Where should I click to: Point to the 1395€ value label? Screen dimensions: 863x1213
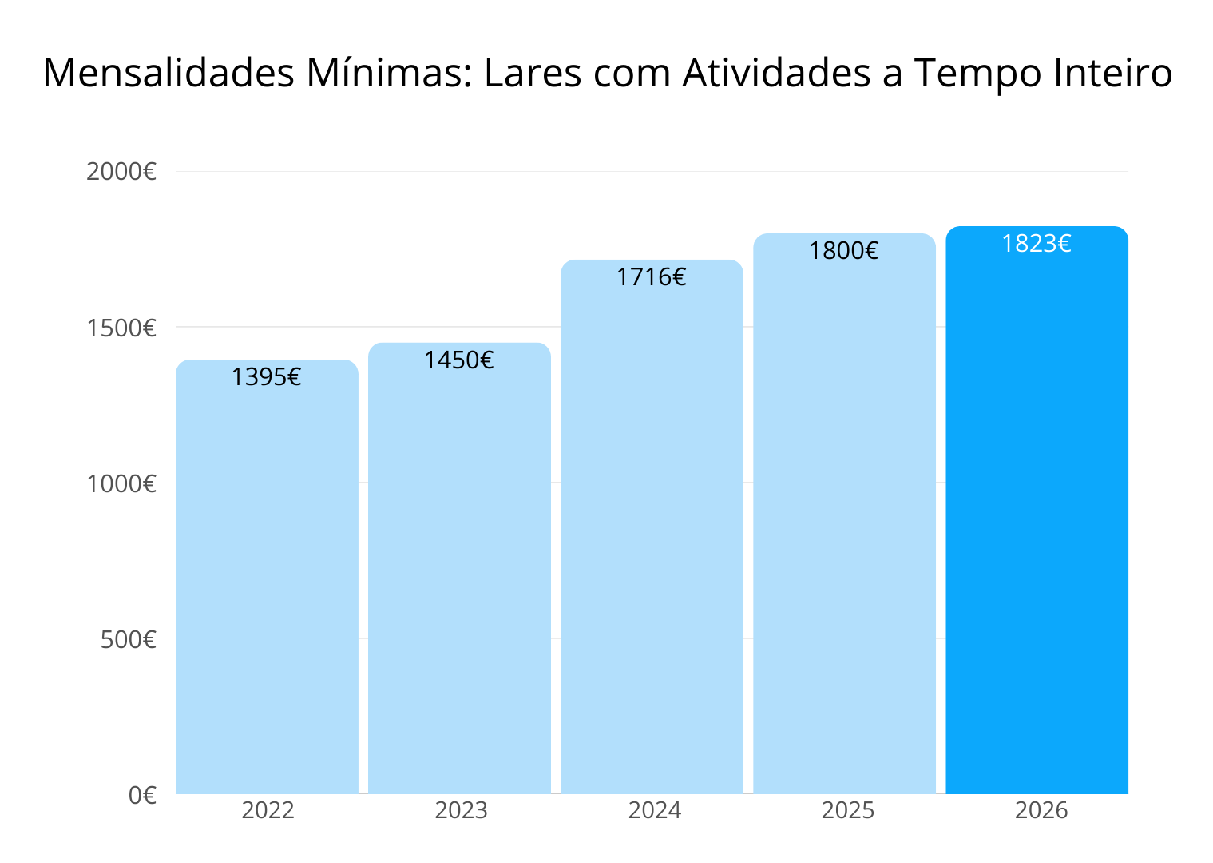tap(267, 376)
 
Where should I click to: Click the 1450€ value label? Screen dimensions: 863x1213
tap(459, 360)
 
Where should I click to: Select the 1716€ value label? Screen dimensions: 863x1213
tap(652, 277)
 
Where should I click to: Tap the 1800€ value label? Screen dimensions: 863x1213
tap(844, 251)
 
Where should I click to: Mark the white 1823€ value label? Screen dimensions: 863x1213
tap(1037, 244)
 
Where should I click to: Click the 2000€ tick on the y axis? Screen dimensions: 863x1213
tap(121, 171)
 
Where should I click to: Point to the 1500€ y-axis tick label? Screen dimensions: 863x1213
tap(121, 328)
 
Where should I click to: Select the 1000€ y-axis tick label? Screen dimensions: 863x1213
tap(121, 483)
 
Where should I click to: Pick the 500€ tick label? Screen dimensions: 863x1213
tap(129, 639)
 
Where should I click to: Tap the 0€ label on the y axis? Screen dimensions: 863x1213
tap(143, 795)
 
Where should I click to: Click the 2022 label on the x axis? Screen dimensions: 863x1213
tap(268, 810)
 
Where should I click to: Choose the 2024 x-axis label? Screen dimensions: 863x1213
tap(655, 810)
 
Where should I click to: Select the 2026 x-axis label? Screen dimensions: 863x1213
tap(1041, 810)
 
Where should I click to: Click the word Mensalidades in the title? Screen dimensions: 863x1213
tap(168, 73)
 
